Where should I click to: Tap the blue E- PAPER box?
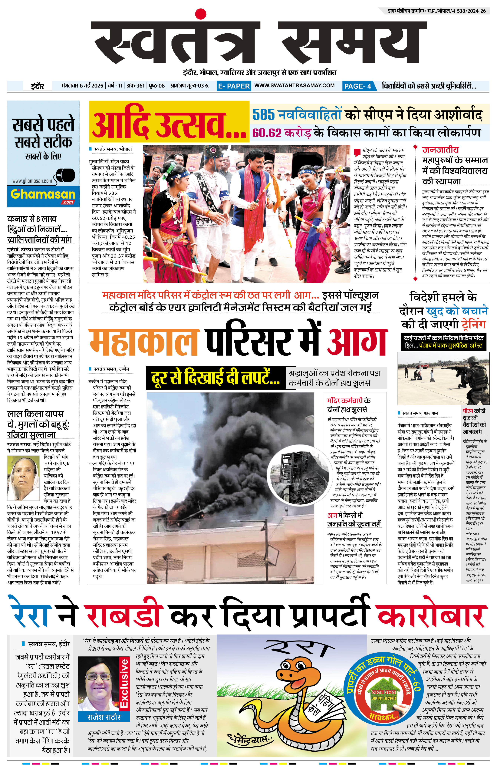pyautogui.click(x=234, y=86)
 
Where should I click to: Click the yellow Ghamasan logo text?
pyautogui.click(x=43, y=194)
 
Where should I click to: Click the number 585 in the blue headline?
pyautogui.click(x=263, y=115)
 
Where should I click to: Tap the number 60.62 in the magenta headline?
pyautogui.click(x=267, y=133)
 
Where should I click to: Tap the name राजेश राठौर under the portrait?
pyautogui.click(x=104, y=717)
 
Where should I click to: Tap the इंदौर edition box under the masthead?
pyautogui.click(x=38, y=86)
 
